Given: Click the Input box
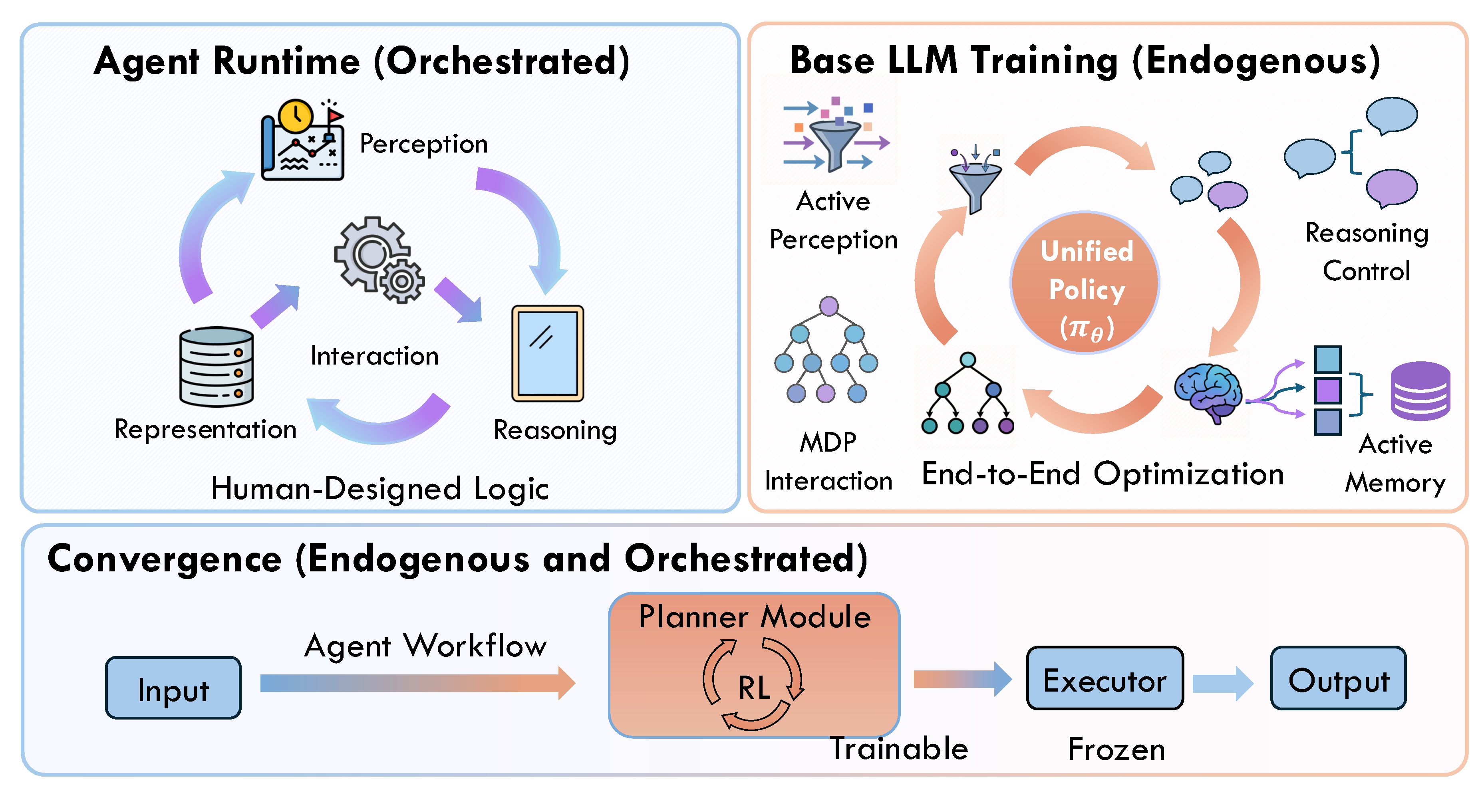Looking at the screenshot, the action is tap(173, 688).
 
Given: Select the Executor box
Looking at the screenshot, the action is tap(1105, 678).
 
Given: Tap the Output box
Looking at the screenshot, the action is tap(1338, 678).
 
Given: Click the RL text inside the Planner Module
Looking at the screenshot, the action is tap(754, 688).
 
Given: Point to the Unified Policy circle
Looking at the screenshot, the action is tap(1085, 282).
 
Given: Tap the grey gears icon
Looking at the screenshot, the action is tap(379, 260).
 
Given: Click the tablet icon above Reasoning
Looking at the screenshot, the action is tap(548, 353).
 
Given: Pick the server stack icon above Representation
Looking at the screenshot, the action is tap(217, 367).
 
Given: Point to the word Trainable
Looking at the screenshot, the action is tap(899, 748).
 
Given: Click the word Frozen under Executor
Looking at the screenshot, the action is tap(1116, 749).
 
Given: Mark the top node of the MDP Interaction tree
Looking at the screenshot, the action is tap(828, 306).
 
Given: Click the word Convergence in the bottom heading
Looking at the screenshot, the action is tap(165, 558).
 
